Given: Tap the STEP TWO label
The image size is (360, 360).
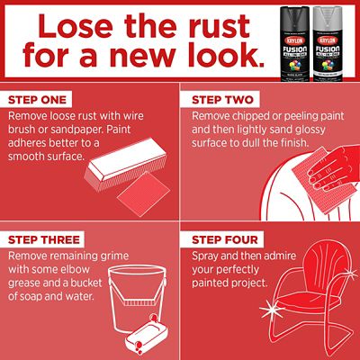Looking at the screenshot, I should point(220,99).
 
